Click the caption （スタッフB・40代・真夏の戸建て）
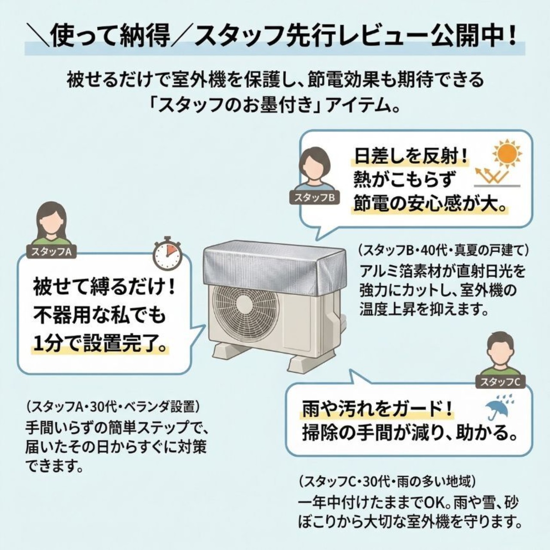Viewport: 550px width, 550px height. click(x=443, y=250)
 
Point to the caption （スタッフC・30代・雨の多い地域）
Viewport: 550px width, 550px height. click(x=387, y=480)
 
